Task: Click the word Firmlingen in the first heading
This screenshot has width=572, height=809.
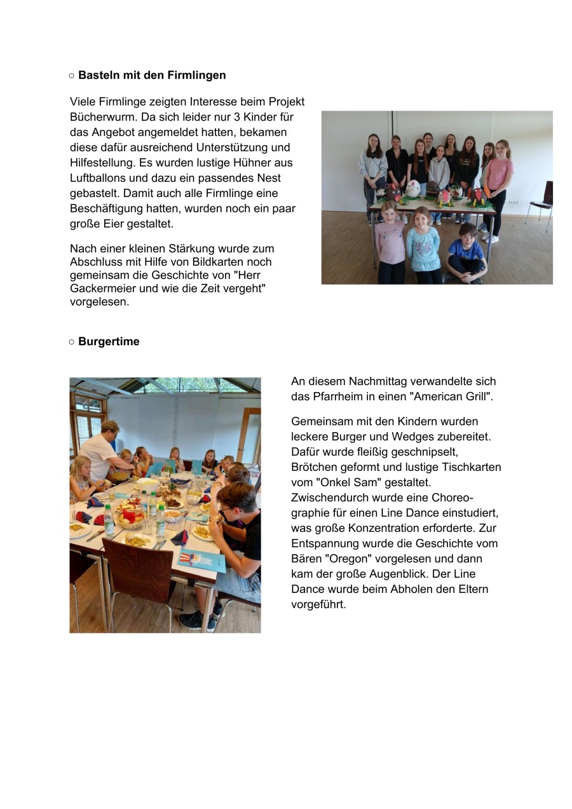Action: (196, 75)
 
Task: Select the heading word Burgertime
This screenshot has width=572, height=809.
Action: (109, 341)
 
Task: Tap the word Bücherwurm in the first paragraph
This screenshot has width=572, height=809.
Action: (99, 117)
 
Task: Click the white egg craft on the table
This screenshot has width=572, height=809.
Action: (413, 189)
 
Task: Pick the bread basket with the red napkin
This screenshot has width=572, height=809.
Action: (131, 517)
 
